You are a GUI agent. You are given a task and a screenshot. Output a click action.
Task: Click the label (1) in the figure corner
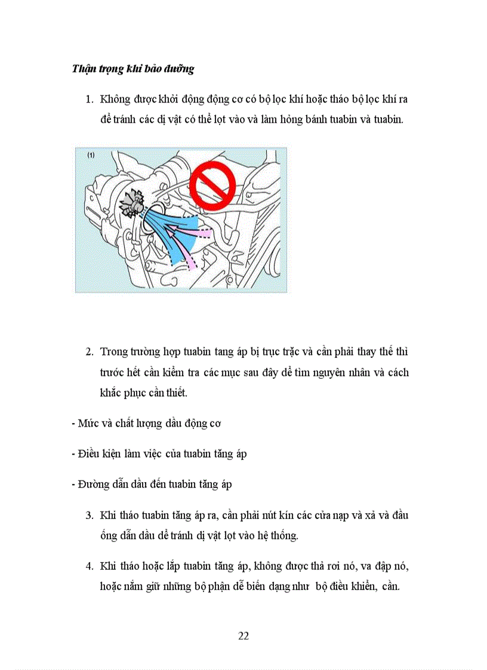pos(91,155)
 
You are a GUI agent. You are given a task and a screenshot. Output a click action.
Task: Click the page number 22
pos(243,635)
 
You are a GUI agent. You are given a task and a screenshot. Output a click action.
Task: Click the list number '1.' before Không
pos(90,98)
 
